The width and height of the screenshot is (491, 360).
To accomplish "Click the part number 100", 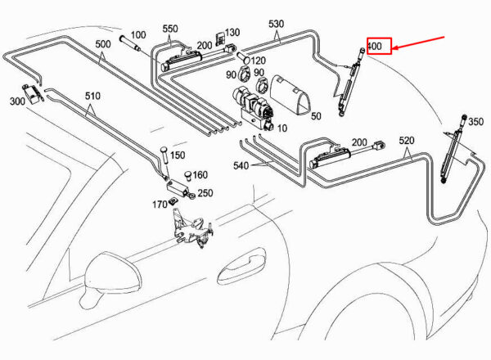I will pos(138,35).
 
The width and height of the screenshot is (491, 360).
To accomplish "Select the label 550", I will pos(169,28).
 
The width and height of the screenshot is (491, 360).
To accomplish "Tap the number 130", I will pos(232,33).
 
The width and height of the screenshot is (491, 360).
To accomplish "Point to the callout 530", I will pos(275,25).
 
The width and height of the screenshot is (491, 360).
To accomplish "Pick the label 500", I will pos(102,43).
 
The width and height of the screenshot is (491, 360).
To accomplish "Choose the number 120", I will pos(258,61).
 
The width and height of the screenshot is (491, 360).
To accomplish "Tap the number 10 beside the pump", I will pos(282,128).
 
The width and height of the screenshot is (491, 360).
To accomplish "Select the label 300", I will pos(17,101).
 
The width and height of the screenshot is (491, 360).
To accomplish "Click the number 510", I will pos(92,96).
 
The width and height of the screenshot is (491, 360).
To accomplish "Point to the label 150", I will pos(178,155).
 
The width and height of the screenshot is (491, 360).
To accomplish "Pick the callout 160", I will pos(200,174).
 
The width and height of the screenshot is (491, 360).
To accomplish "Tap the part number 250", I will pos(205,193).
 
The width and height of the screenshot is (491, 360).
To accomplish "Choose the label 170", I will pos(159,204).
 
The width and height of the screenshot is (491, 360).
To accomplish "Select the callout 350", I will pos(475,122).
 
